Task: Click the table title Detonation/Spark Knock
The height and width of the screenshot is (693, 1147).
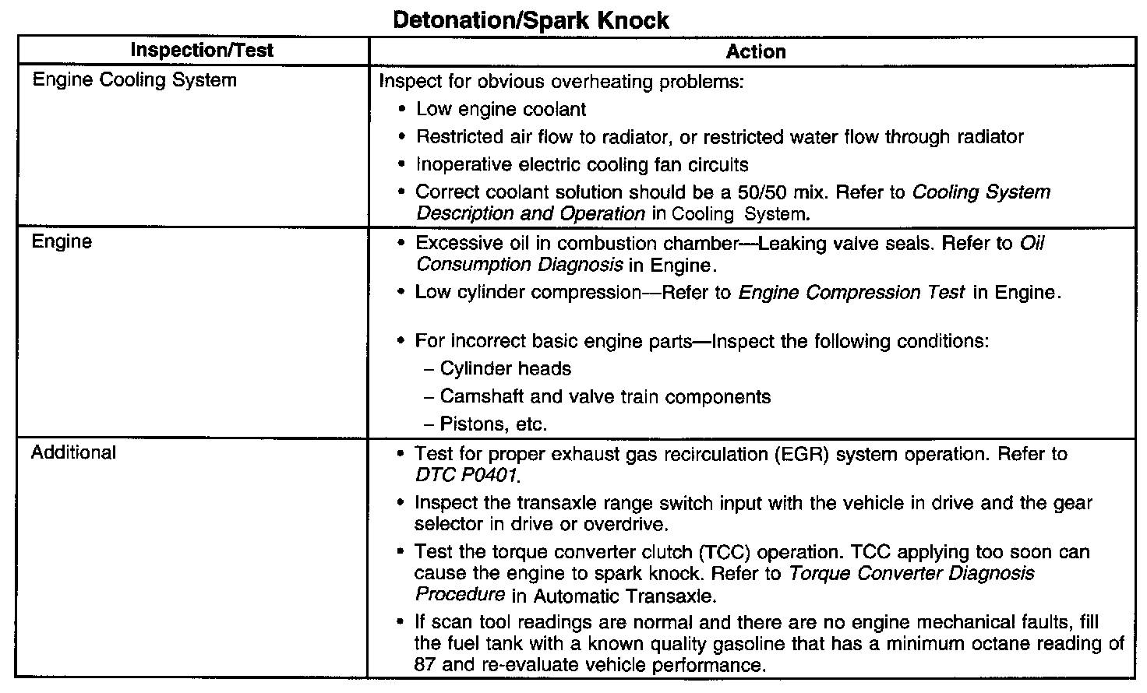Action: click(x=531, y=19)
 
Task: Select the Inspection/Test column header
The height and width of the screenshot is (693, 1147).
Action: click(x=202, y=51)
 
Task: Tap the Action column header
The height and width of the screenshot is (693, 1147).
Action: click(x=755, y=52)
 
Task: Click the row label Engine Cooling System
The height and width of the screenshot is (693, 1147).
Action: click(x=134, y=80)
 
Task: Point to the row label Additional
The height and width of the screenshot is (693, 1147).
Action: click(x=73, y=452)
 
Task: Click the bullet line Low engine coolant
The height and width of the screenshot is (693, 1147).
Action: click(x=501, y=110)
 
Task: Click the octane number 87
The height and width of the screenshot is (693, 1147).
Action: click(x=429, y=666)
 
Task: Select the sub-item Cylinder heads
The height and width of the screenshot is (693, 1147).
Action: click(x=505, y=369)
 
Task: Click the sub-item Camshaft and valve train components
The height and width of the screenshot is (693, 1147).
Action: click(x=605, y=397)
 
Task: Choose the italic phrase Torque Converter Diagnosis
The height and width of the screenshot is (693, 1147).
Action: click(x=912, y=574)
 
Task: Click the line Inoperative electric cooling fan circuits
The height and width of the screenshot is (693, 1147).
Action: click(x=582, y=165)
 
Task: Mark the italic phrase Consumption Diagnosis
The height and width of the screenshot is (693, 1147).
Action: click(x=519, y=265)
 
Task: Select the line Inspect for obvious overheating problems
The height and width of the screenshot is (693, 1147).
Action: click(x=561, y=82)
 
